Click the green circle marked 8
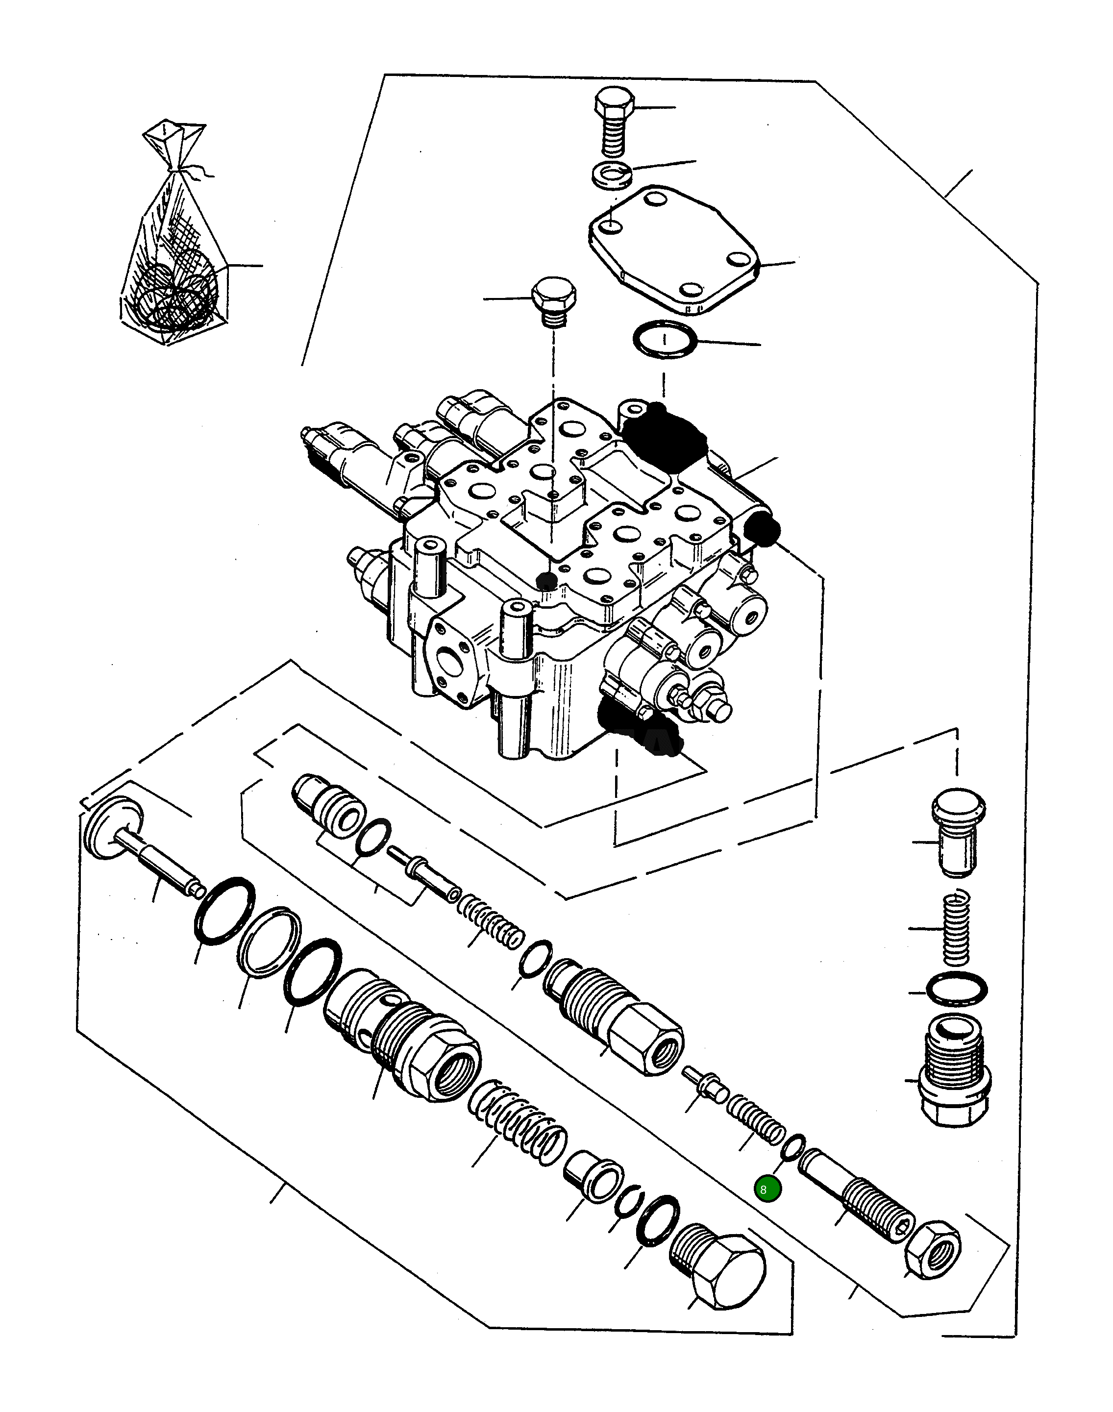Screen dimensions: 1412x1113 coord(767,1189)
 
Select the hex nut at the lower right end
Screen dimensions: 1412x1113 coord(933,1249)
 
